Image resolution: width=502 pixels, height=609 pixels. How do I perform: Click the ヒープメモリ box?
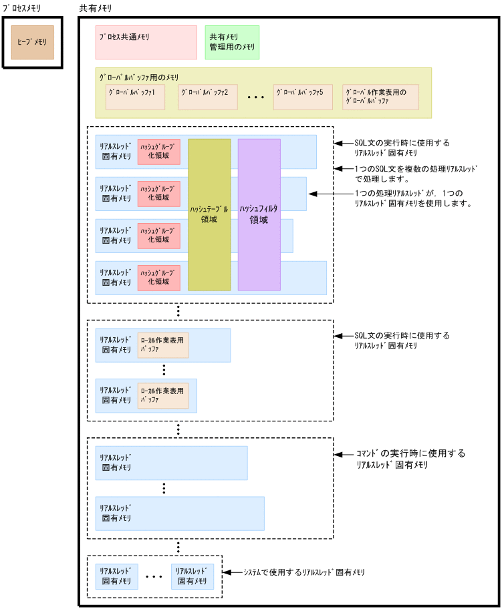coord(32,43)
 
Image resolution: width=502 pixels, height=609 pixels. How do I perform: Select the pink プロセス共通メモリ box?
coord(146,42)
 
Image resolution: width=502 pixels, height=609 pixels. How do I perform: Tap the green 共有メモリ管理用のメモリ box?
coord(232,42)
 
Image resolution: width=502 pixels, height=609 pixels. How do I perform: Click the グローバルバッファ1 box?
coord(135,97)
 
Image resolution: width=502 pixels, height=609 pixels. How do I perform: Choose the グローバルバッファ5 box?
coord(303,97)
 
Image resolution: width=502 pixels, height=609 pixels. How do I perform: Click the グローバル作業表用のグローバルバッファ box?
coord(380,97)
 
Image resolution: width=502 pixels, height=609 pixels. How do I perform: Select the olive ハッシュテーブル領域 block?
coord(209,214)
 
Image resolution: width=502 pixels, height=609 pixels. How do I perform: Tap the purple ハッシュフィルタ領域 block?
coord(259,214)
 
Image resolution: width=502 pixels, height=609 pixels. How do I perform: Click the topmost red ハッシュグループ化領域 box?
coord(158,152)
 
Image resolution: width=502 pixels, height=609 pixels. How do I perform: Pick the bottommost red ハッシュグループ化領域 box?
coord(158,277)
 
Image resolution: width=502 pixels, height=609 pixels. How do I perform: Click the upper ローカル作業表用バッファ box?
coord(163,345)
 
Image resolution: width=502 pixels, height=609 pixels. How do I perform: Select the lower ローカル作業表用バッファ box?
coord(163,395)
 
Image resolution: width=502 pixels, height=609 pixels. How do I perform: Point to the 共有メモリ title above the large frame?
coord(96,8)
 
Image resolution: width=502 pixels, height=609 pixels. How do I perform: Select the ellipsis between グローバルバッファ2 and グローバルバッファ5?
coord(256,97)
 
